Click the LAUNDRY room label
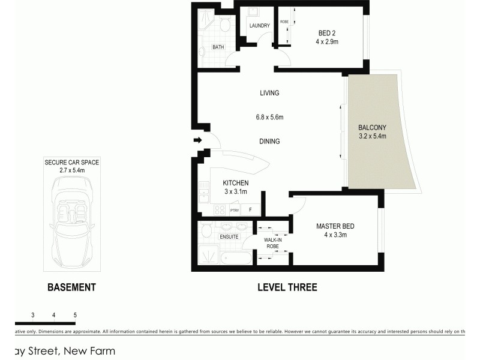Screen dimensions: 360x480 tap(260, 25)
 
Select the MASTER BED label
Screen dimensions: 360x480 tap(335, 226)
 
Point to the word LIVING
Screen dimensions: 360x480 tap(269, 93)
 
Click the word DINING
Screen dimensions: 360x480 tap(269, 142)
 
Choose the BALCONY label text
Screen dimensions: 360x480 tap(372, 127)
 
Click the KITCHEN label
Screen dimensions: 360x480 tap(235, 183)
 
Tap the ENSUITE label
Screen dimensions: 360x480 tap(229, 237)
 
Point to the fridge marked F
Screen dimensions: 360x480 tap(250, 210)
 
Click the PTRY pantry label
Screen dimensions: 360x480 tap(234, 211)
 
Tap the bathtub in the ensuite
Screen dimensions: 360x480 tap(235, 259)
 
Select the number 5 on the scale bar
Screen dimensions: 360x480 tap(75, 314)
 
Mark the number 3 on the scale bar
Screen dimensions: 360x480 tap(32, 314)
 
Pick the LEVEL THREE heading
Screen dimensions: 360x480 tap(287, 287)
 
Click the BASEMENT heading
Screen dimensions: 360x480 tap(71, 287)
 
